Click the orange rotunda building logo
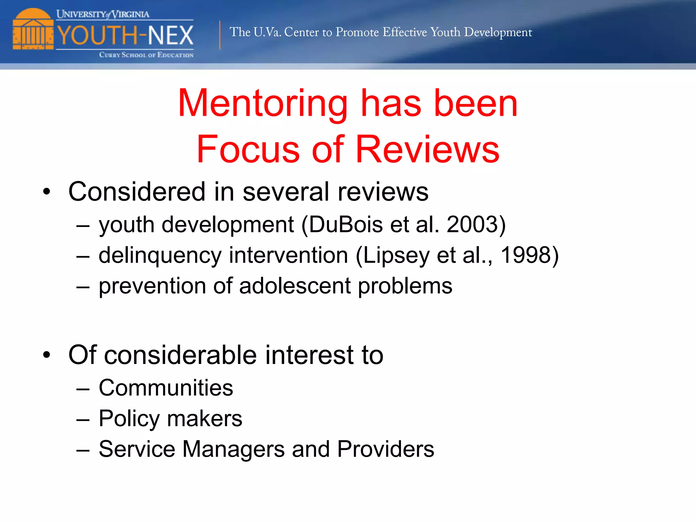[33, 30]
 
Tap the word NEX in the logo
[171, 35]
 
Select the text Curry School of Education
[146, 55]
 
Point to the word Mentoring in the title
[263, 103]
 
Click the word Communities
[166, 388]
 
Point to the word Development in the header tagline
[498, 32]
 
